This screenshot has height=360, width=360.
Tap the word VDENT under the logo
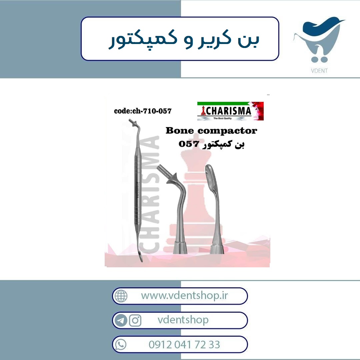coord(319,71)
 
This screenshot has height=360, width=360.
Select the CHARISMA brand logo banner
coord(230,111)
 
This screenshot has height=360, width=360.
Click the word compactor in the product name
coord(227,131)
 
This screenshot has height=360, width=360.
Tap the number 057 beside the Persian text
coord(188,144)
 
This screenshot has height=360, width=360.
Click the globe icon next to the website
coord(121,296)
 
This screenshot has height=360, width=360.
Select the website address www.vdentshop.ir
coord(184,296)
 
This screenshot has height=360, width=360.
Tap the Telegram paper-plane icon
coord(121,320)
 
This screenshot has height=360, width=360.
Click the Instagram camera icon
coord(135,320)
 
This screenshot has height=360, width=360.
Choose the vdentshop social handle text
coord(183,320)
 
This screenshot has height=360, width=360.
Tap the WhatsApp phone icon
coord(121,345)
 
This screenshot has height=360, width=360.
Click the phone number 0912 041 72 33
coord(184,345)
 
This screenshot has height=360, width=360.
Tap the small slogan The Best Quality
coord(222,118)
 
